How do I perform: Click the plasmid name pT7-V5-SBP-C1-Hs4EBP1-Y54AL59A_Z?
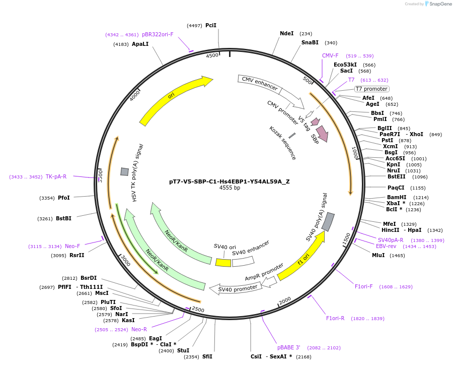(229, 181)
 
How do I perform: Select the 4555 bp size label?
(230, 188)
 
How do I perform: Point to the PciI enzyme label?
(211, 25)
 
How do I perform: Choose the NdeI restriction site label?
(286, 34)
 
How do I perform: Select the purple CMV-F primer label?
(330, 55)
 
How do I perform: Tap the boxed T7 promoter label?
(371, 89)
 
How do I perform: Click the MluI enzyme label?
(378, 256)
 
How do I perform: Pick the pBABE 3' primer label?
(288, 347)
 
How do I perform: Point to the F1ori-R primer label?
(335, 318)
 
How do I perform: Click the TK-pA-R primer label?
(56, 176)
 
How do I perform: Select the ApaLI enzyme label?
(140, 44)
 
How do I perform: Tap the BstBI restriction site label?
(63, 218)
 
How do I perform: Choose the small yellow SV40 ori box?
(223, 263)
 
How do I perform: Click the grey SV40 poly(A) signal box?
(328, 222)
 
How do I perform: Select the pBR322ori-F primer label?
(158, 34)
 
